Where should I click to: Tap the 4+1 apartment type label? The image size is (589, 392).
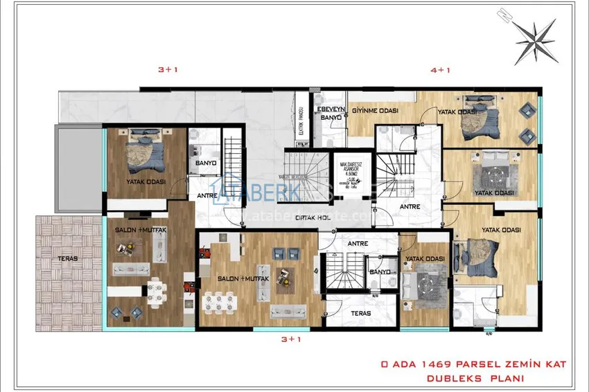440,70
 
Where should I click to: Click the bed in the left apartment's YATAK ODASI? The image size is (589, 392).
144,153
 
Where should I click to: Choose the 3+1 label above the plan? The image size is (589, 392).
169,70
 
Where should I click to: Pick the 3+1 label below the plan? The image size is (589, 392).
291,339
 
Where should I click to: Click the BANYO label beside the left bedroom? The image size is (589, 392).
206,163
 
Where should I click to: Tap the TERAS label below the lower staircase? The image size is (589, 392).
360,313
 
